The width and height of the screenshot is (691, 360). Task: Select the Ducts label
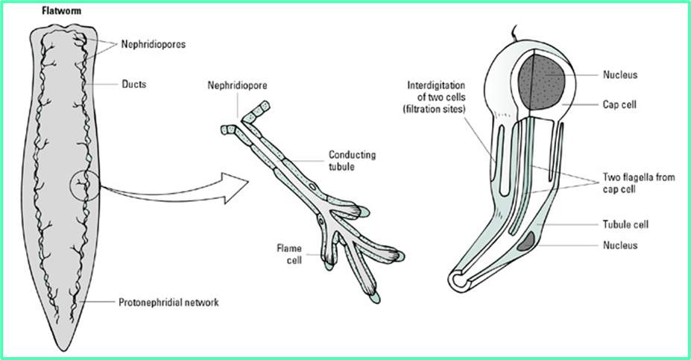(133, 84)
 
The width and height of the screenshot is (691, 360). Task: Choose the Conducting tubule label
(352, 160)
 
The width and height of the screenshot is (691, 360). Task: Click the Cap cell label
(619, 104)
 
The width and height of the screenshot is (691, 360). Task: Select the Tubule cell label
(623, 224)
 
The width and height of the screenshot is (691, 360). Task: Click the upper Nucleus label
(619, 75)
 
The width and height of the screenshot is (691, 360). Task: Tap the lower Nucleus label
(619, 244)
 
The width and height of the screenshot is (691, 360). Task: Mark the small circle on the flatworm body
(83, 183)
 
